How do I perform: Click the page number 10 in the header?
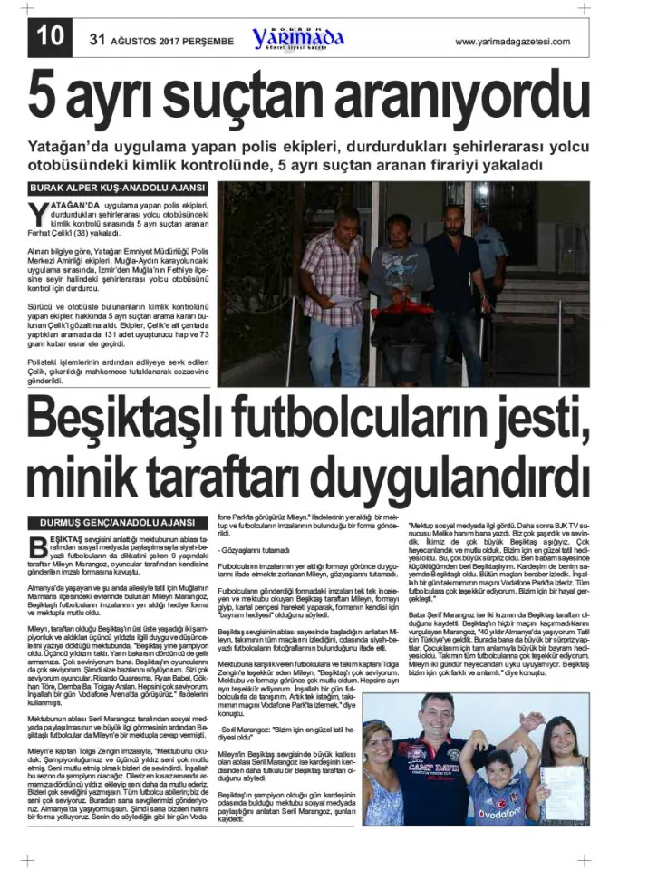[x=52, y=39]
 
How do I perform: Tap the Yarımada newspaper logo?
[x=299, y=39]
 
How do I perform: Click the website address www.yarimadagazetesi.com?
[x=512, y=42]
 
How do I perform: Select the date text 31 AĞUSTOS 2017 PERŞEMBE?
[x=161, y=42]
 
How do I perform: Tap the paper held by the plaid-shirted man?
[x=347, y=299]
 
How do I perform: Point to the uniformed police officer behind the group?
[x=488, y=245]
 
